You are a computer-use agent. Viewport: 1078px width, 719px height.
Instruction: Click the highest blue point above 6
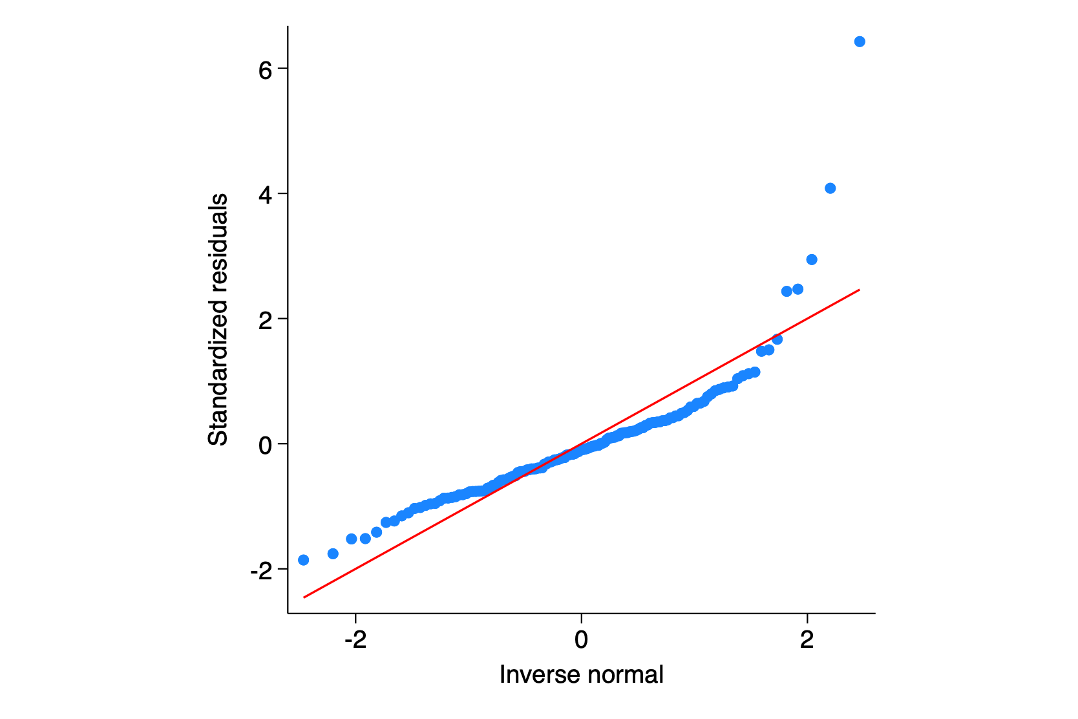click(x=860, y=42)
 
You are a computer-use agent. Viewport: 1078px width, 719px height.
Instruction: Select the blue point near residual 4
click(x=830, y=188)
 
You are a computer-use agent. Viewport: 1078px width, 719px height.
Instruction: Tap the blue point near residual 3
click(x=812, y=260)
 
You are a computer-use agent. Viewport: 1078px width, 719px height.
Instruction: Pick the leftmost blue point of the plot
click(x=304, y=560)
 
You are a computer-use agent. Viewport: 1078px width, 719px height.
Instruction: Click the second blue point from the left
click(x=333, y=553)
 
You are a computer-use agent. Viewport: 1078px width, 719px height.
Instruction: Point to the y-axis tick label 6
click(x=265, y=69)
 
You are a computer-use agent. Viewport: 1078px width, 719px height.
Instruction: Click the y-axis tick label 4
click(x=265, y=194)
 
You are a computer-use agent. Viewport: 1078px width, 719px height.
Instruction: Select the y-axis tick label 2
click(x=265, y=319)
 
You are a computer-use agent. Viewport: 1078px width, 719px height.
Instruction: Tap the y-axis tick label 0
click(x=265, y=445)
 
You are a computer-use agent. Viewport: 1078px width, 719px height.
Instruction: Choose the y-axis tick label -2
click(x=261, y=570)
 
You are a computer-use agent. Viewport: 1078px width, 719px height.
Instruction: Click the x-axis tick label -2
click(x=355, y=640)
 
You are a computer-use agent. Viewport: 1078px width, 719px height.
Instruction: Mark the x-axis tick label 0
click(x=581, y=640)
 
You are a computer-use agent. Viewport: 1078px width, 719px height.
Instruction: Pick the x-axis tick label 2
click(x=807, y=640)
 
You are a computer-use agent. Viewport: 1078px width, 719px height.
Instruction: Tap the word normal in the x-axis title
click(x=625, y=675)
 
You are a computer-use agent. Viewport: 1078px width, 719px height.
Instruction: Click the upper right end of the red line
click(x=859, y=290)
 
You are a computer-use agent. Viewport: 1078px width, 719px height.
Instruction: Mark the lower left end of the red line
click(x=304, y=597)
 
